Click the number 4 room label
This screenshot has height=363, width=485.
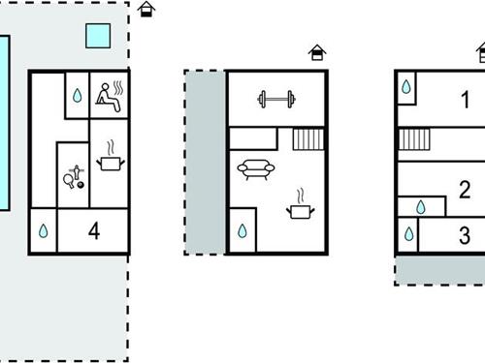[x=93, y=230]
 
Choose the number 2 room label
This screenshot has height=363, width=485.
[x=465, y=189]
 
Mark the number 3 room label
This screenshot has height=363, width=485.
[x=465, y=234]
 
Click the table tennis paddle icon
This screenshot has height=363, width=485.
[x=72, y=178]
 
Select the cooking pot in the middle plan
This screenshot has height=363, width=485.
[x=302, y=206]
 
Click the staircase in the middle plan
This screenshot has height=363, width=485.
[x=307, y=139]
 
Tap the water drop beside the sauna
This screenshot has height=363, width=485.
[x=76, y=96]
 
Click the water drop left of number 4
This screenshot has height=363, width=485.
[x=44, y=232]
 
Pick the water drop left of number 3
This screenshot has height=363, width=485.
[x=408, y=234]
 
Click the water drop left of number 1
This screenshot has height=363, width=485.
[x=406, y=88]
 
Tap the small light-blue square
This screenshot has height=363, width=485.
[x=97, y=36]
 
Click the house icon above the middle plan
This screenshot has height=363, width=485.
[x=317, y=53]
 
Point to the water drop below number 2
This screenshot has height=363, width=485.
[x=421, y=206]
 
